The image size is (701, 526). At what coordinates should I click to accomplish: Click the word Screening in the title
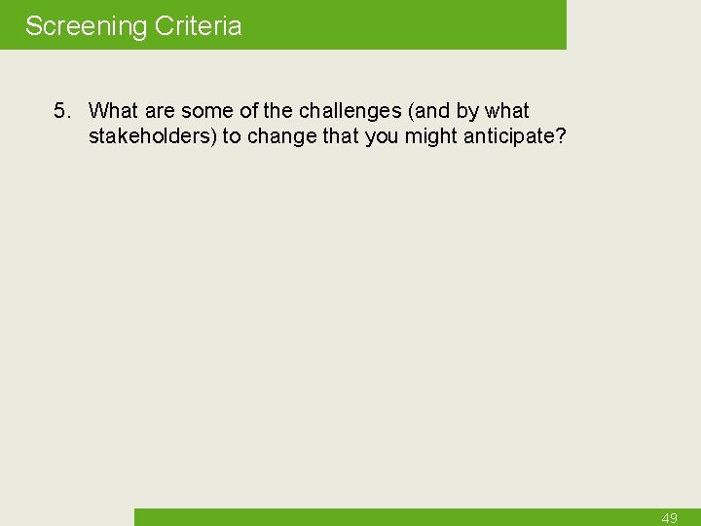pos(84,26)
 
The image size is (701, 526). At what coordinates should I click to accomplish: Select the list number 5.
pos(61,111)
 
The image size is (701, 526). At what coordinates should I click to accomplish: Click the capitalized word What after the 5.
pos(114,111)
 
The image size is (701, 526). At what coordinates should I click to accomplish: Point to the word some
pos(206,111)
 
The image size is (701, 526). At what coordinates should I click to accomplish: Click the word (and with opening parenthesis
pos(425,111)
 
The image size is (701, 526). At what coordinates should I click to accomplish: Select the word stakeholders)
pos(153,136)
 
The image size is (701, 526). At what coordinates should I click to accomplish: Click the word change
pos(283,136)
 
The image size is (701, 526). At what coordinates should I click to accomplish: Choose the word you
pos(382,136)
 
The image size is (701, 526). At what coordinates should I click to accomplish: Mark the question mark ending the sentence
pos(561,136)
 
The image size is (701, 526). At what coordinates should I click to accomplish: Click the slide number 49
pos(669,518)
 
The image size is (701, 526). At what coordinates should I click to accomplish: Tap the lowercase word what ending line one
pos(506,111)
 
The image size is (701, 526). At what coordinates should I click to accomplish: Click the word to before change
pos(232,136)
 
